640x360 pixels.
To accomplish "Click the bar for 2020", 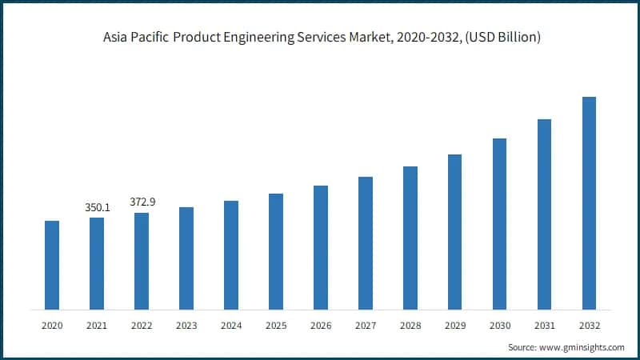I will (52, 265).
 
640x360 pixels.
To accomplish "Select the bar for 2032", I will (589, 203).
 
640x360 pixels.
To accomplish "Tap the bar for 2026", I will (321, 247).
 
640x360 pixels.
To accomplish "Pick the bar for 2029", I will (454, 232).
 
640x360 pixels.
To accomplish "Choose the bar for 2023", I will (186, 258).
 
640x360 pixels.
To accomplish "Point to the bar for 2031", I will (544, 214).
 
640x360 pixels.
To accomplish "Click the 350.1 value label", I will (98, 207).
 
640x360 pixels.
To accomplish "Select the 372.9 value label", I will (142, 202).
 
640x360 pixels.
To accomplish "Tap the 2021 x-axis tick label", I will (97, 326).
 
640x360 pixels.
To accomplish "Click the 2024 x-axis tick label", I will (231, 326).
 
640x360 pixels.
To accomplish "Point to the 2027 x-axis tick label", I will (366, 326).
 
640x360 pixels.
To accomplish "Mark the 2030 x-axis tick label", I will (499, 326).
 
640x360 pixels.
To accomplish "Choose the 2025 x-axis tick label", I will (276, 326).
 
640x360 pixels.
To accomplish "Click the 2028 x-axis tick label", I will (410, 326).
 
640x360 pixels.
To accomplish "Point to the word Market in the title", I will (377, 38).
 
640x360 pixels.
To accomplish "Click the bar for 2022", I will (142, 261).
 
